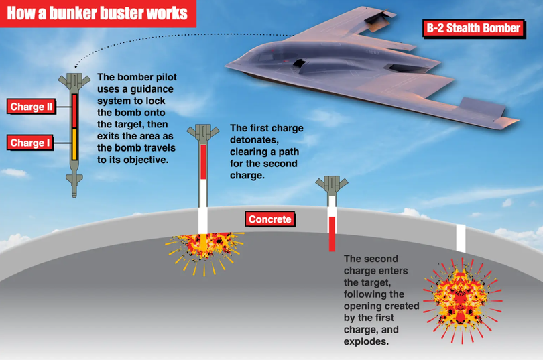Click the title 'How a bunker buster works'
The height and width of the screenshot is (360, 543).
[x=97, y=13]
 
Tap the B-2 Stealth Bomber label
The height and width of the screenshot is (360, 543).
[x=474, y=28]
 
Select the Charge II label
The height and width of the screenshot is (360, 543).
[x=31, y=107]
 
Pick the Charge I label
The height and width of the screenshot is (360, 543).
[x=30, y=143]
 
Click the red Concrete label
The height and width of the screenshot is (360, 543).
[x=269, y=219]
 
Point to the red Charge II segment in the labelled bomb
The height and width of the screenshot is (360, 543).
[x=74, y=111]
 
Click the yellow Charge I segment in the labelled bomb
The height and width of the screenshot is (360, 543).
[x=74, y=144]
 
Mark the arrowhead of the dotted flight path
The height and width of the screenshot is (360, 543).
[x=76, y=66]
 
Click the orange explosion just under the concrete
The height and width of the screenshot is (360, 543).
[x=204, y=251]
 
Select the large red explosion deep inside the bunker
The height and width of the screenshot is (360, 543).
[x=463, y=300]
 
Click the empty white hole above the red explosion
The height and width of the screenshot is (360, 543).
[x=461, y=238]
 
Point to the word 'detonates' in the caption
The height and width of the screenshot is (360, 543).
[x=254, y=140]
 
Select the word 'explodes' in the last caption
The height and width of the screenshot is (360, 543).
[x=366, y=341]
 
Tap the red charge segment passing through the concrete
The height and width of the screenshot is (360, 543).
[x=332, y=234]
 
